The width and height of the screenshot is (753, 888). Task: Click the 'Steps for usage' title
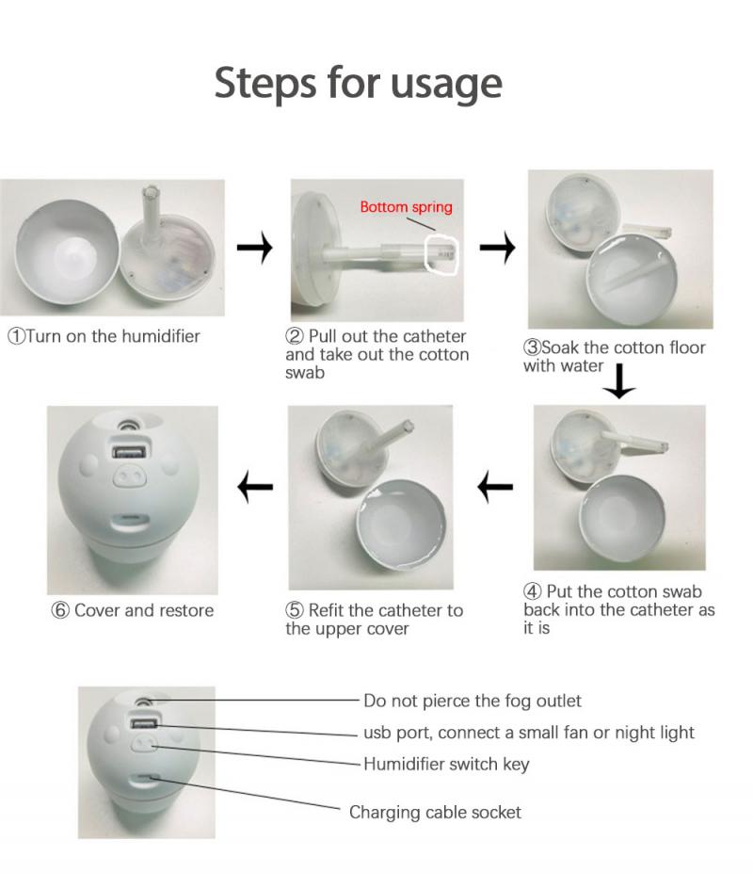pyautogui.click(x=358, y=83)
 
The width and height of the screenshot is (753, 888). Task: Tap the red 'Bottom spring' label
pyautogui.click(x=406, y=207)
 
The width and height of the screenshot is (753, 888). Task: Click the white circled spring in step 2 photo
pyautogui.click(x=441, y=251)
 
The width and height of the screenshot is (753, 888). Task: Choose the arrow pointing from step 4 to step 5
pyautogui.click(x=495, y=488)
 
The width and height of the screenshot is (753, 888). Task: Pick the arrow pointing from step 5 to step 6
pyautogui.click(x=254, y=488)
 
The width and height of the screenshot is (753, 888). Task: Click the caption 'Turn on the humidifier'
pyautogui.click(x=104, y=336)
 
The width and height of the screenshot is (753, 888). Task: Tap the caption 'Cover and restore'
pyautogui.click(x=133, y=610)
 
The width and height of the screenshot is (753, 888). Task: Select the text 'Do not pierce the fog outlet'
pyautogui.click(x=473, y=701)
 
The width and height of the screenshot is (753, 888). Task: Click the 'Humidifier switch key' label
pyautogui.click(x=446, y=764)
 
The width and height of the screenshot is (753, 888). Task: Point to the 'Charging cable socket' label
pyautogui.click(x=435, y=812)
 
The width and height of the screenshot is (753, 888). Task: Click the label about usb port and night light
pyautogui.click(x=529, y=733)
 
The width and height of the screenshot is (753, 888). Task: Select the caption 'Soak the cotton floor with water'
pyautogui.click(x=614, y=357)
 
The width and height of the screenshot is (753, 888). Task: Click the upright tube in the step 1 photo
pyautogui.click(x=150, y=209)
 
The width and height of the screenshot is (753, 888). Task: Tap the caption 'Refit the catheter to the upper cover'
pyautogui.click(x=374, y=620)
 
